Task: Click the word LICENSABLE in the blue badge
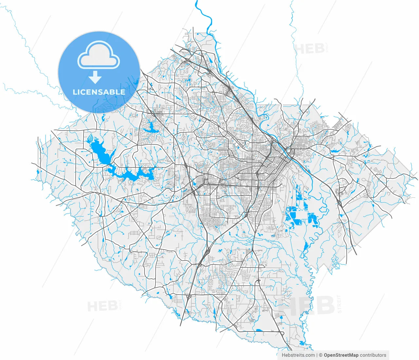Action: (x=99, y=92)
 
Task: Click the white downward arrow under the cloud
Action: (x=95, y=77)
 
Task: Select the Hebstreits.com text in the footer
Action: (x=298, y=355)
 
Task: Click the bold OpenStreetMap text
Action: (x=341, y=355)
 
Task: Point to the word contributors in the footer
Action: (x=373, y=355)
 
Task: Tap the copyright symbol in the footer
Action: (x=321, y=355)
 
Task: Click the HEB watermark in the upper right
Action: (x=309, y=49)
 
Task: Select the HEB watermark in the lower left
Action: (x=102, y=306)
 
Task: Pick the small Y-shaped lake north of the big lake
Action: (x=150, y=126)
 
